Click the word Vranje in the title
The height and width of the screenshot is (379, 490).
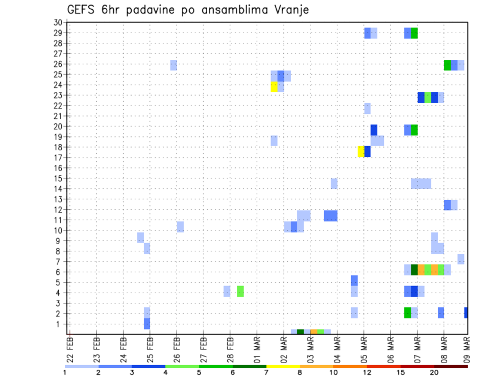pyautogui.click(x=290, y=10)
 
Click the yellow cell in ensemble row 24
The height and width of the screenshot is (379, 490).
pyautogui.click(x=274, y=87)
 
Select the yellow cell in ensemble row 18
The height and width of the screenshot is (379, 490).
pyautogui.click(x=361, y=152)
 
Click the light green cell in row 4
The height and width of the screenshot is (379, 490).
pyautogui.click(x=240, y=291)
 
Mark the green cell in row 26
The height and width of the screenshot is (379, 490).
pyautogui.click(x=448, y=65)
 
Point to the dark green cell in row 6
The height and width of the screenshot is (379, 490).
pyautogui.click(x=414, y=270)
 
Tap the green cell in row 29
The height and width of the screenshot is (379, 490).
pyautogui.click(x=414, y=33)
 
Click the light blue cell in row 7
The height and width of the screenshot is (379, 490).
pyautogui.click(x=461, y=259)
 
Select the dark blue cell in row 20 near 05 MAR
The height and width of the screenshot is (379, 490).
pyautogui.click(x=374, y=130)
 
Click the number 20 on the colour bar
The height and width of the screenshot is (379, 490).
pyautogui.click(x=434, y=372)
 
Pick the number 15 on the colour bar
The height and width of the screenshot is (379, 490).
pyautogui.click(x=401, y=372)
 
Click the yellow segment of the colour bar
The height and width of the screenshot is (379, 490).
pyautogui.click(x=283, y=366)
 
